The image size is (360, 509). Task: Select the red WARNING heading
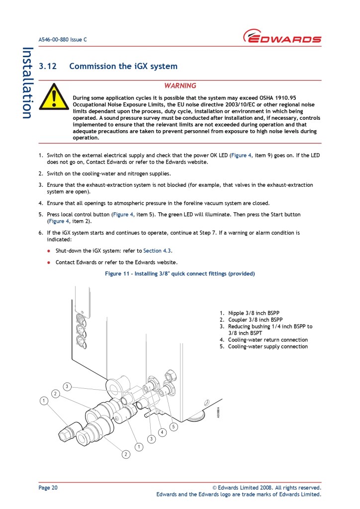click(180, 85)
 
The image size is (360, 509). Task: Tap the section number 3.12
click(48, 66)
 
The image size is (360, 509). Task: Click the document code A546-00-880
click(56, 39)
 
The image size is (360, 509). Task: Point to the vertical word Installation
click(27, 83)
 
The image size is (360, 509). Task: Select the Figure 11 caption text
click(180, 274)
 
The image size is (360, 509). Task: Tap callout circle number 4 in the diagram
click(162, 432)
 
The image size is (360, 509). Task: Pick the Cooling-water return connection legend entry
click(268, 340)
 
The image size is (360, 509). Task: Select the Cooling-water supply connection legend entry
click(268, 346)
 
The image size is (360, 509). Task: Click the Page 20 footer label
click(48, 488)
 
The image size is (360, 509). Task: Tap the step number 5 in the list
click(40, 214)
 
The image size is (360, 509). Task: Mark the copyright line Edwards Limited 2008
click(267, 488)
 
